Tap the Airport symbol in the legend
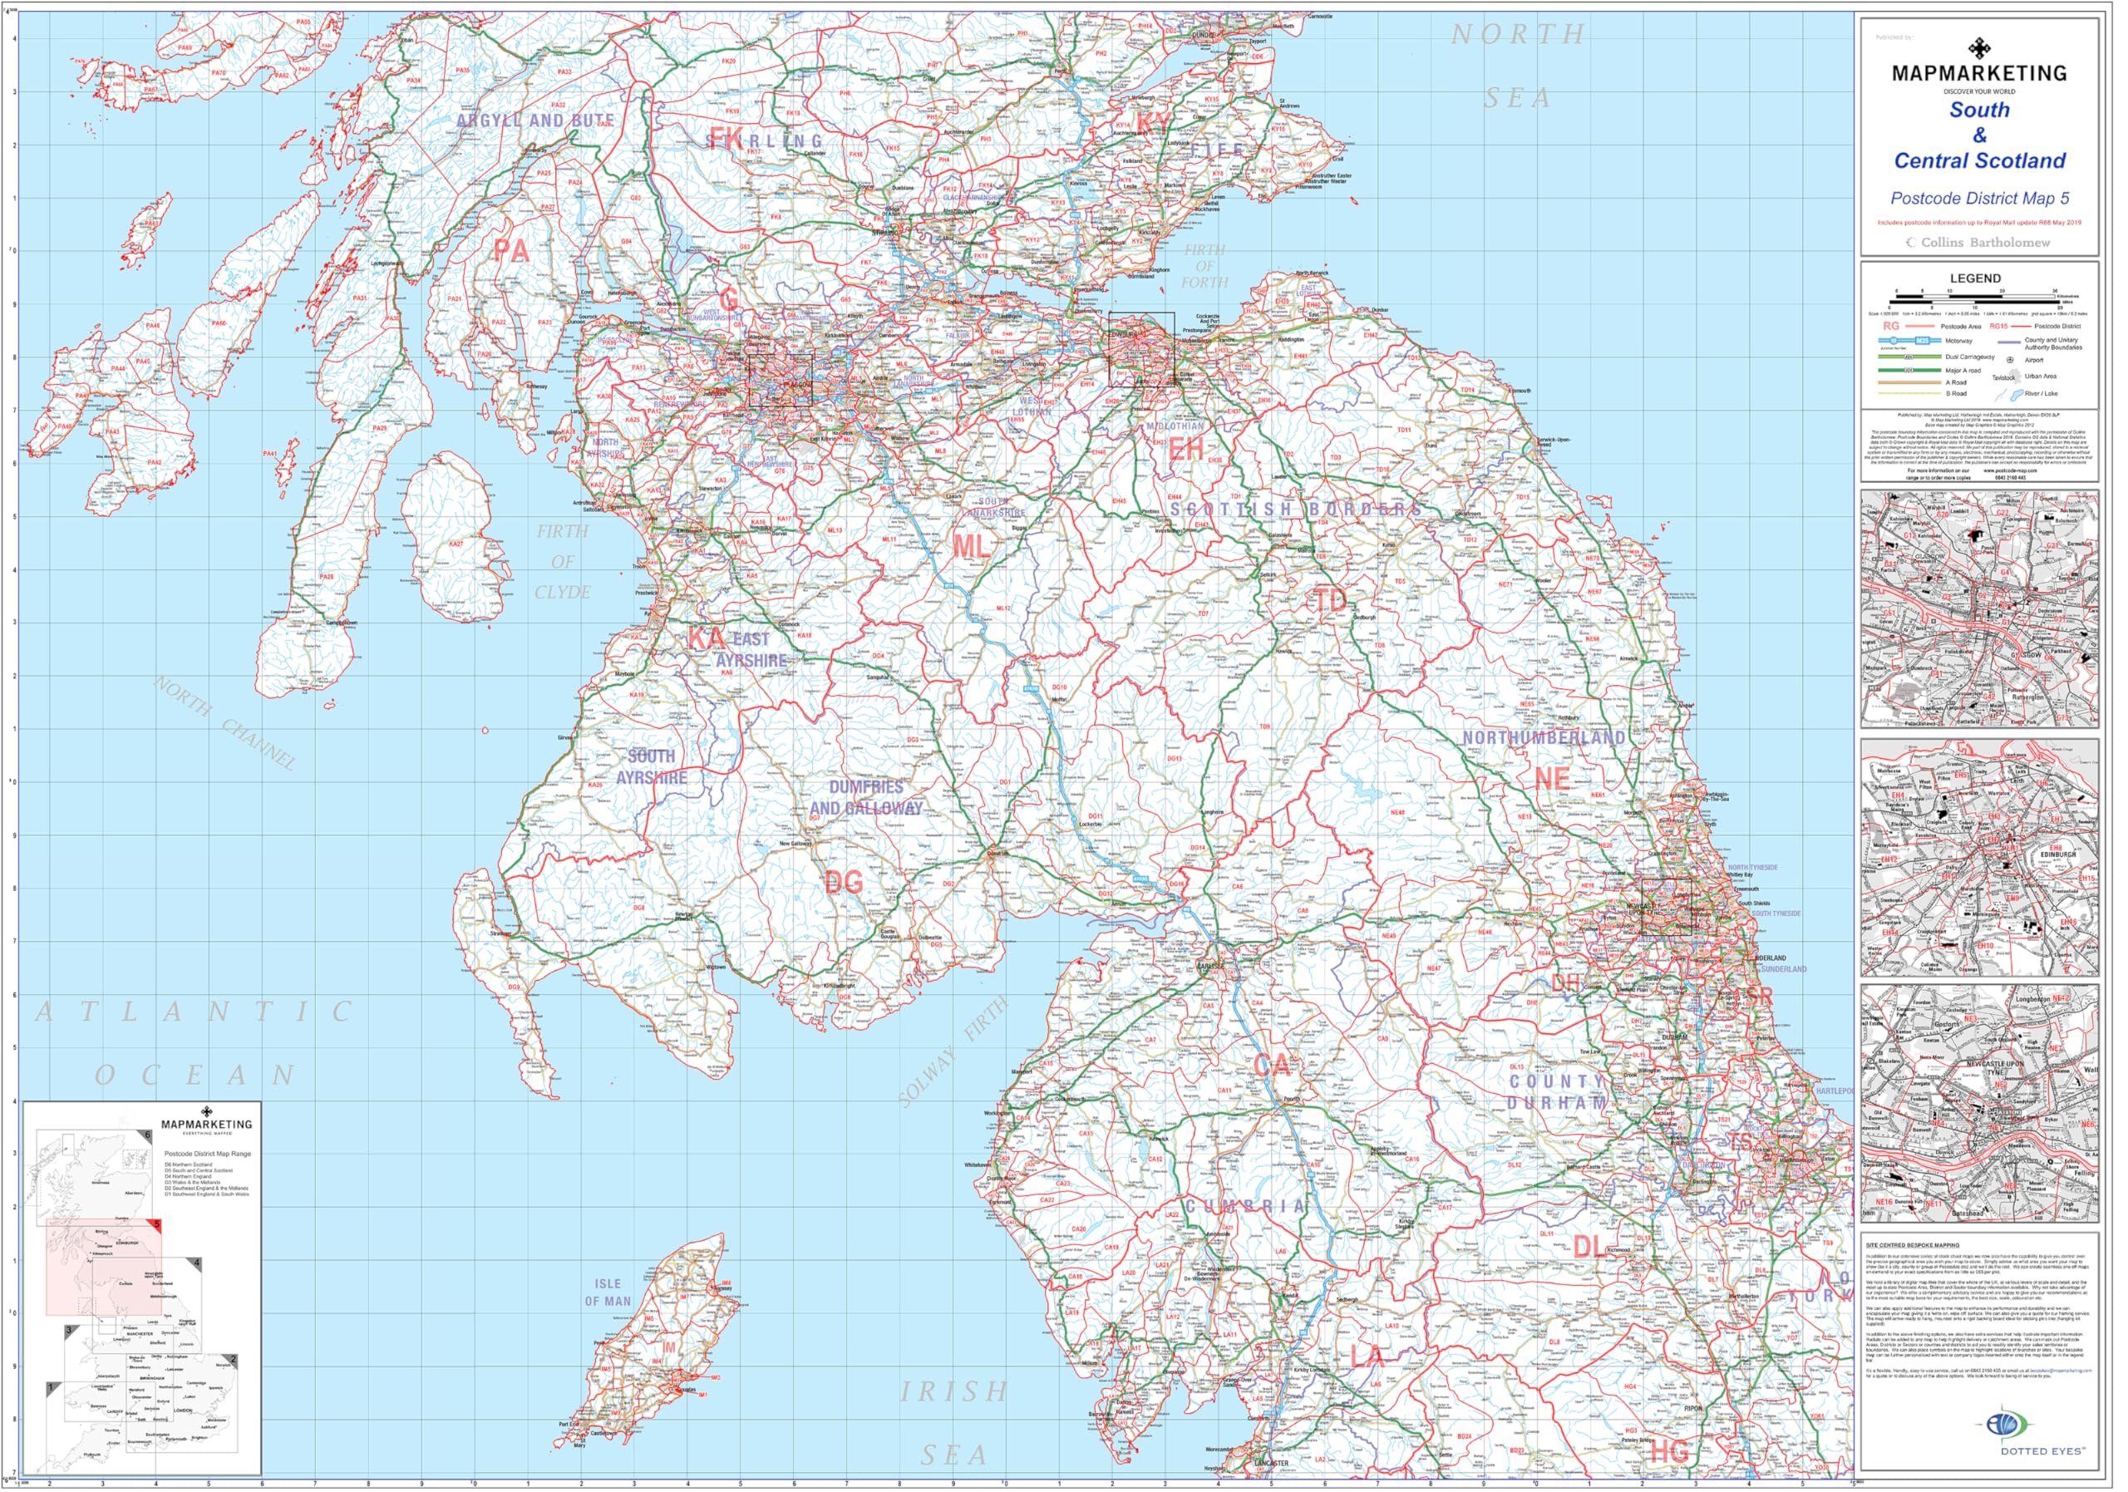coord(2010,361)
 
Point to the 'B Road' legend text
coord(1957,394)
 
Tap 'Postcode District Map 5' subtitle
coord(1978,199)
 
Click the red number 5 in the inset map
coord(158,1224)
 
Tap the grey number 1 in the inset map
coord(50,1387)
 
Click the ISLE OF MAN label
coord(607,1293)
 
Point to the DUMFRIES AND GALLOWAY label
coord(865,798)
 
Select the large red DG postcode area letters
coord(844,882)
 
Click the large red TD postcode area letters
coord(1330,600)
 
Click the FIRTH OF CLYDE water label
coord(562,562)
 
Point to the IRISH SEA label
coord(954,1422)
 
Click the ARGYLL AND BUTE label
coord(534,121)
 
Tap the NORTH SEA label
coord(1518,65)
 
